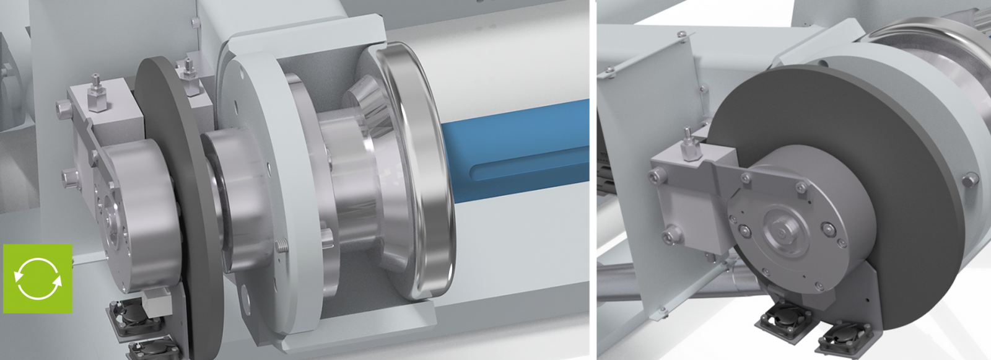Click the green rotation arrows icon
(38, 278)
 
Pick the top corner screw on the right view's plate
(682, 33)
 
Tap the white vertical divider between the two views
(593, 180)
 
